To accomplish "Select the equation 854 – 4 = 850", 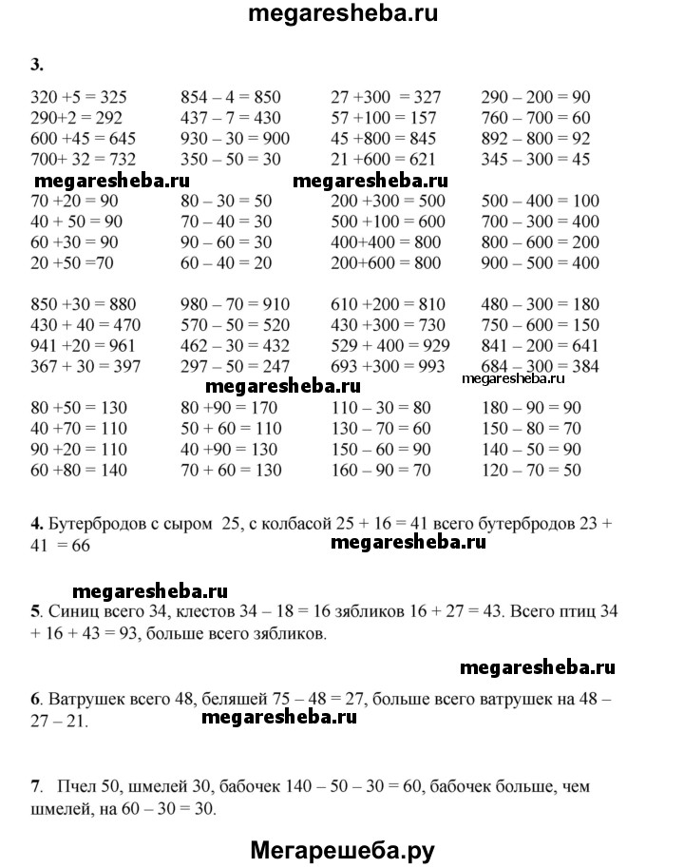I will click(x=230, y=97).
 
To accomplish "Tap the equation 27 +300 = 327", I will click(x=385, y=97).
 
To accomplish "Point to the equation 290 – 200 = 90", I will click(x=536, y=97).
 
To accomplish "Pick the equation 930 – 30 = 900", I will click(x=235, y=139).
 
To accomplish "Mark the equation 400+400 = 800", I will click(x=386, y=242).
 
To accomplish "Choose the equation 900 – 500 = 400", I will click(x=541, y=263).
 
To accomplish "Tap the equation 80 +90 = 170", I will click(x=231, y=408).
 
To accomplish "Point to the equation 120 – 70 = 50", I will click(x=532, y=470).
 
